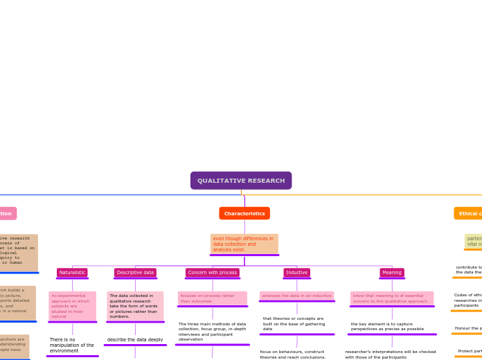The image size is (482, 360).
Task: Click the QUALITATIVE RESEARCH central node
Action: [241, 181]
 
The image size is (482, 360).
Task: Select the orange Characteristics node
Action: [244, 213]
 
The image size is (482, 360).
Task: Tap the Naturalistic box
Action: [72, 273]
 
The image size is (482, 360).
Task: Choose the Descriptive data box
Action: [135, 273]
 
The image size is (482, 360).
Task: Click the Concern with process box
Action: [213, 273]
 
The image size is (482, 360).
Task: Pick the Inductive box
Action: [296, 273]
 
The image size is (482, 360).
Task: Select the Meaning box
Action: [392, 273]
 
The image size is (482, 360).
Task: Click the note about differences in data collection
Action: [244, 244]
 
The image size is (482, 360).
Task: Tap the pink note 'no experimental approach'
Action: [72, 306]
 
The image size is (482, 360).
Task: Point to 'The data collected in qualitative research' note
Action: [135, 306]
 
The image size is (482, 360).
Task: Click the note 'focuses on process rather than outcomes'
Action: [213, 298]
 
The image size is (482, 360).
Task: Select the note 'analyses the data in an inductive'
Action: [296, 296]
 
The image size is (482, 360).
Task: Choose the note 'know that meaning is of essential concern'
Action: [392, 298]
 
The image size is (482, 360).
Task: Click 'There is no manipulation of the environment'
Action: [72, 345]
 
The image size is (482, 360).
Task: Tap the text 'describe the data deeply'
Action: [135, 340]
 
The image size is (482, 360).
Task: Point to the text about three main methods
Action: [213, 332]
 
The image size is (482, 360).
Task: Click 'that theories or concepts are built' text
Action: [296, 324]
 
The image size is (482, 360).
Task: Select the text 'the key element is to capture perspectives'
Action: [392, 326]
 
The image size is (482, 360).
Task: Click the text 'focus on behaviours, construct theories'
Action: [293, 354]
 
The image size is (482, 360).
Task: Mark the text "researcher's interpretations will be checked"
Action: [391, 354]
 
